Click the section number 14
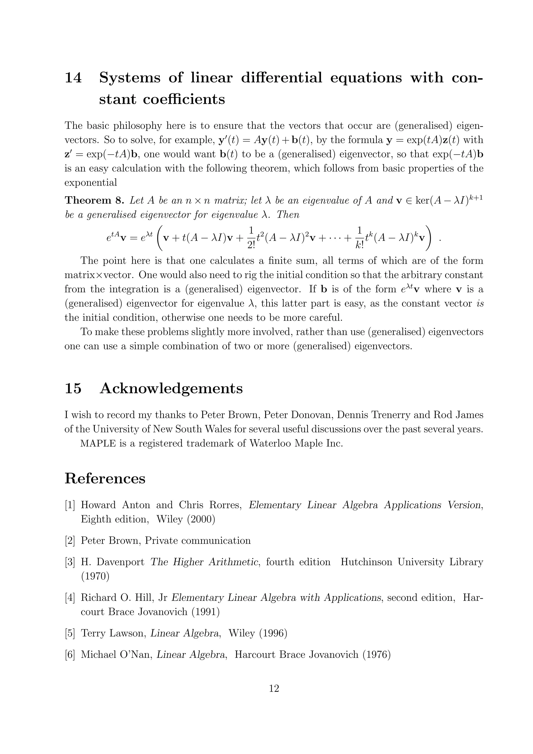click(73, 78)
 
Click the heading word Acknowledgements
click(171, 388)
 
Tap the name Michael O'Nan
click(117, 655)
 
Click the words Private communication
click(198, 541)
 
